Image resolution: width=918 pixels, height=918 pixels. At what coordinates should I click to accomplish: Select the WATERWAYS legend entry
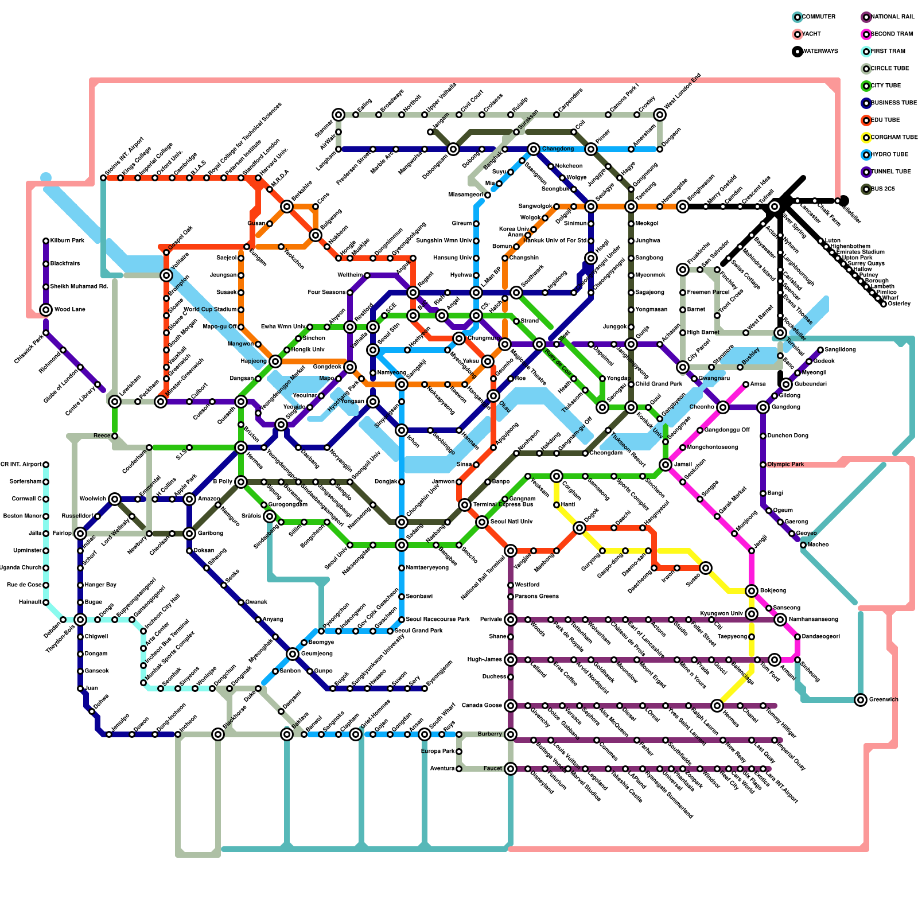pos(819,52)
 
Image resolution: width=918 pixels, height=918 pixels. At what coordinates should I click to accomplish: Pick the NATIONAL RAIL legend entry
pos(892,17)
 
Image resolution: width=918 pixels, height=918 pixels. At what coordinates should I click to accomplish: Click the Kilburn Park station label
pos(67,240)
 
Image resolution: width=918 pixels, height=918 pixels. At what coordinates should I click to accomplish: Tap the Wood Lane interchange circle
pos(46,310)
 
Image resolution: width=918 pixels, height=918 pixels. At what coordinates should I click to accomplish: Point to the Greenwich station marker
pos(860,699)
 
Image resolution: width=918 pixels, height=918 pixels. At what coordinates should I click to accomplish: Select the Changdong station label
pos(558,149)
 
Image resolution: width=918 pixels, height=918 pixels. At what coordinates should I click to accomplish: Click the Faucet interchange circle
pos(511,769)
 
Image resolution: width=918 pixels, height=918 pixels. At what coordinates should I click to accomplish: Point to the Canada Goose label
pos(482,705)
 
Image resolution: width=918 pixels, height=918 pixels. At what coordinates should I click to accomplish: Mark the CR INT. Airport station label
pos(21,464)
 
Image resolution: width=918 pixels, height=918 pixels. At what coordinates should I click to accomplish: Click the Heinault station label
pos(30,602)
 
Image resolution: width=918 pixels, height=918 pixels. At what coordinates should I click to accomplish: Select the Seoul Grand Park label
pos(419,631)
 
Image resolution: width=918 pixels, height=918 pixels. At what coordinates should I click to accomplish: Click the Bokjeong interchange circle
pos(752,591)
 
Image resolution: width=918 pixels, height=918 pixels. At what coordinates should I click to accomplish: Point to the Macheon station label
pos(818,544)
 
